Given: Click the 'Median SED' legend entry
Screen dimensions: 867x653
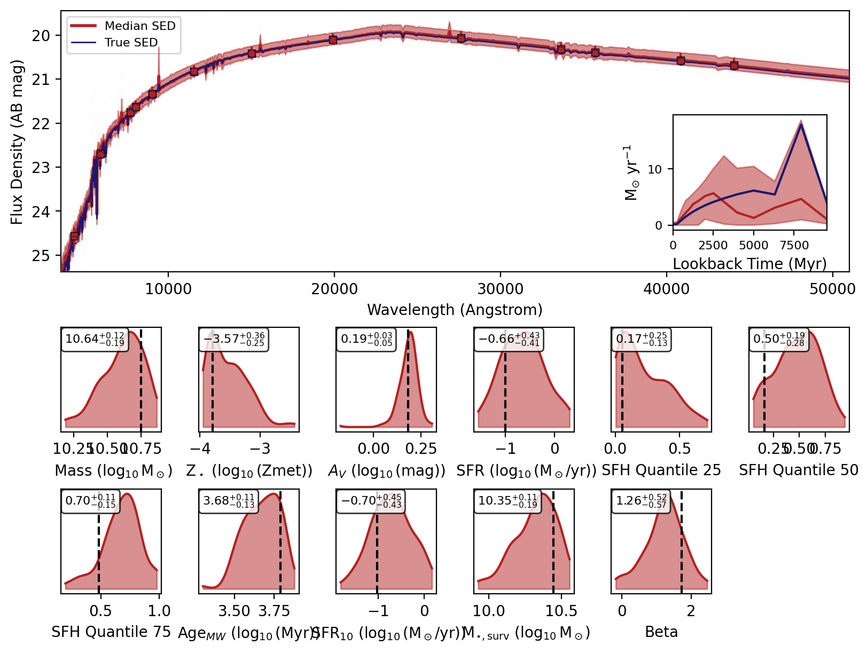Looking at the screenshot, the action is pos(139,26).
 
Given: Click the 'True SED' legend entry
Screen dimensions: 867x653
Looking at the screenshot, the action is pos(131,42).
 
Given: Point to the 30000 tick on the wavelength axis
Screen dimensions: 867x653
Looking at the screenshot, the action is pos(500,289).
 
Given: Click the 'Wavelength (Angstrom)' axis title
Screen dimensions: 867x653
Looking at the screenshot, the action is pos(455,310).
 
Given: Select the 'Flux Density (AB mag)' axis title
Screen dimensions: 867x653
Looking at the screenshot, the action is pos(17,142).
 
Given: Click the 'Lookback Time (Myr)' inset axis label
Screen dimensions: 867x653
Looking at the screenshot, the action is pos(749,264).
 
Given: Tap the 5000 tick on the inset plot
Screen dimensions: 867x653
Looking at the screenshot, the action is pos(753,245).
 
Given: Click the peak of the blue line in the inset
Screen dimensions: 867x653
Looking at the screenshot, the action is pos(800,124).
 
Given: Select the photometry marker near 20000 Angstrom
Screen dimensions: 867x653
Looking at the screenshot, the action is pos(333,40).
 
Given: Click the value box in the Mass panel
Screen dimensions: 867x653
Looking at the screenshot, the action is pos(95,339).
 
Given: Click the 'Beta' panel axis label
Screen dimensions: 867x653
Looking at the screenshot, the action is pos(661,632).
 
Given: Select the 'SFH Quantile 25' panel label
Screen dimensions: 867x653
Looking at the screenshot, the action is pos(661,470).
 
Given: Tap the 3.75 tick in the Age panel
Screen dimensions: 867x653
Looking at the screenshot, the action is pos(274,611).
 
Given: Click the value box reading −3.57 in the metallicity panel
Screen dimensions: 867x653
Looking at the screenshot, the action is pos(233,339).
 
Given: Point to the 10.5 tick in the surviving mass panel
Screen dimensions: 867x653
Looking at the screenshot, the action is pos(561,611).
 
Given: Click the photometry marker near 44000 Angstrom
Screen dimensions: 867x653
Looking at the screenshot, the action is pos(734,66).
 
